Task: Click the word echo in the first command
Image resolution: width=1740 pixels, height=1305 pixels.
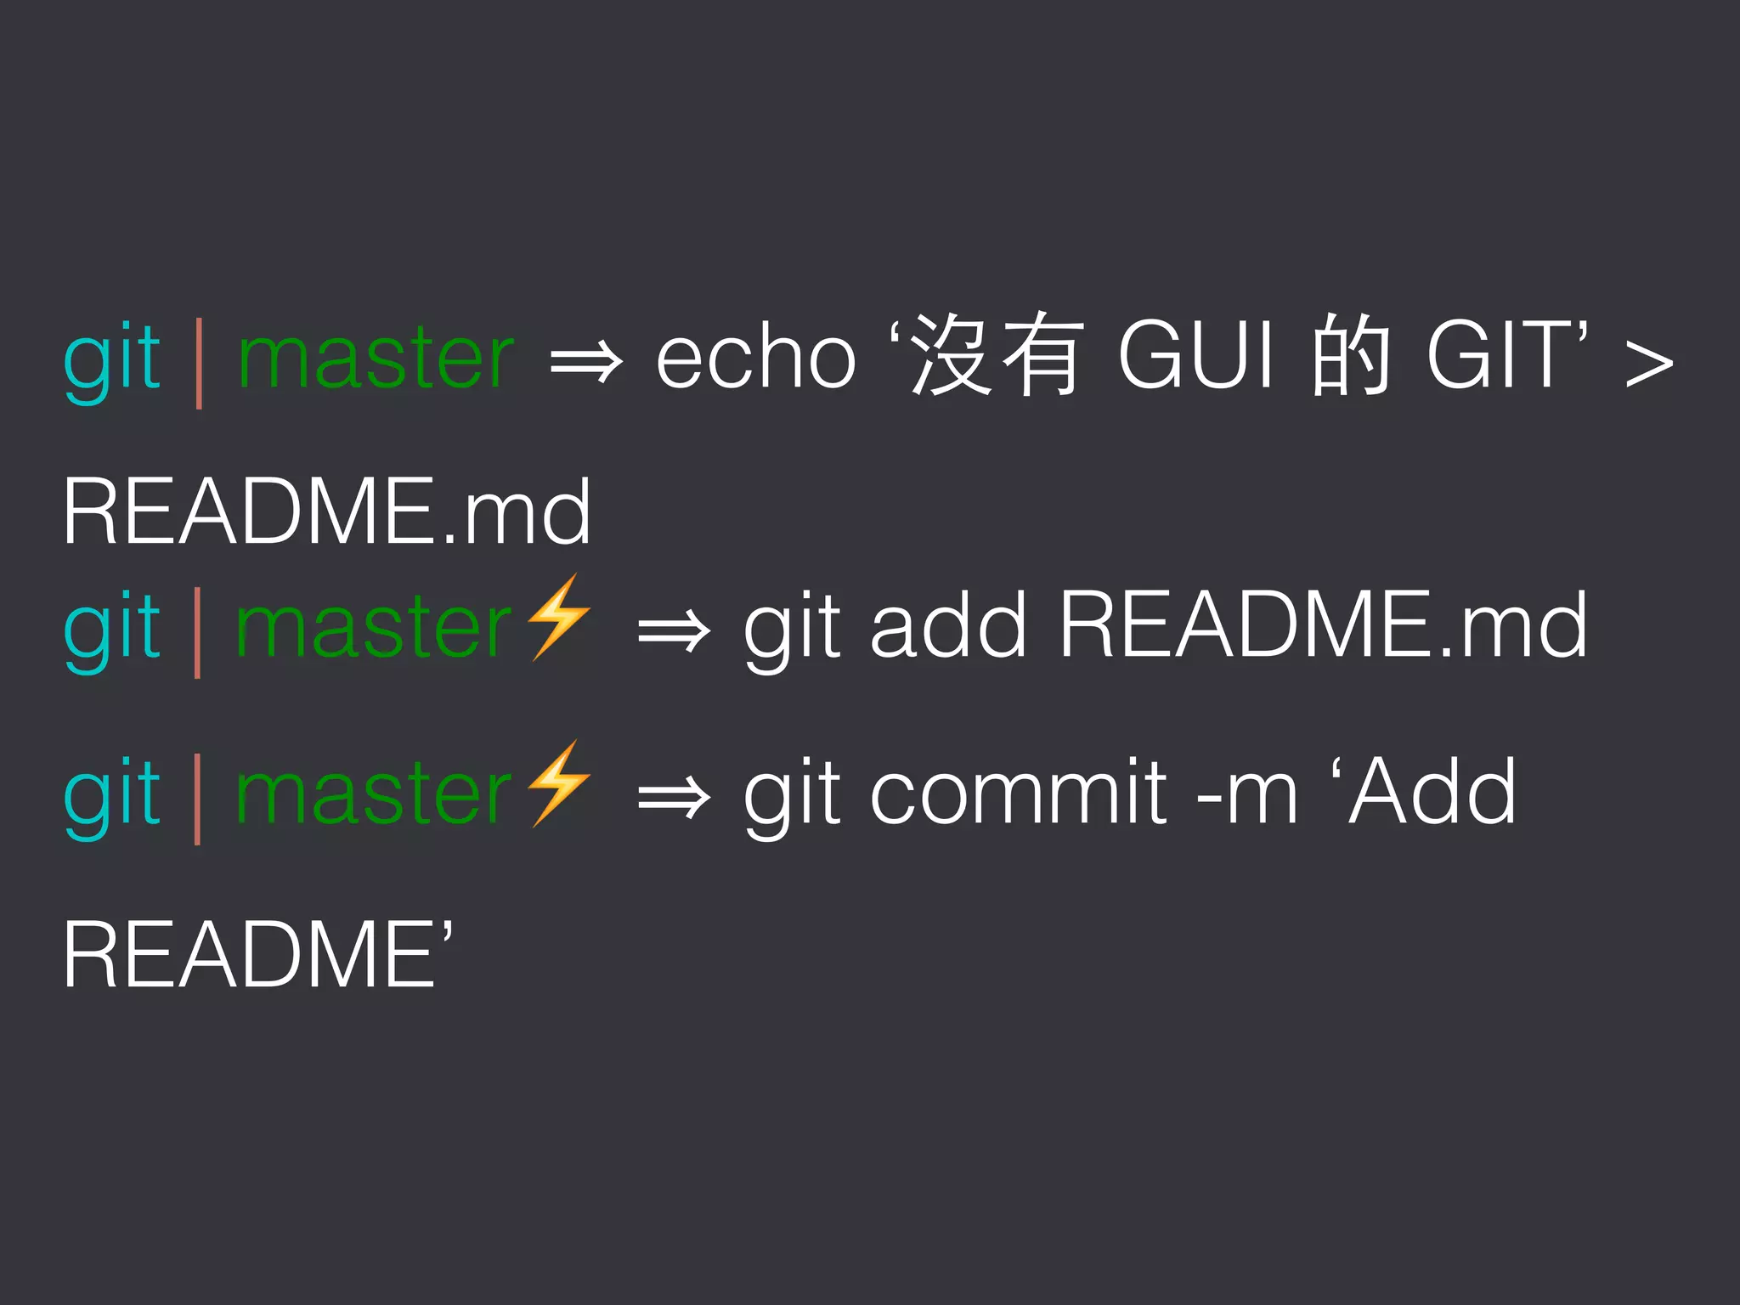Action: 755,358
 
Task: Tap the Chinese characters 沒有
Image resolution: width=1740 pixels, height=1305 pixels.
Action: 999,355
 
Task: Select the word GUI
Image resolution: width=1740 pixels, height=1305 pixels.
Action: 1196,355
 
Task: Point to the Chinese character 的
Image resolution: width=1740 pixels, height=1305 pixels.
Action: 1350,355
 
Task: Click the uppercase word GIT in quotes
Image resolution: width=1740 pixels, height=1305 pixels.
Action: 1500,355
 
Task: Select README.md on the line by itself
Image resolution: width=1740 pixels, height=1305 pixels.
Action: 326,512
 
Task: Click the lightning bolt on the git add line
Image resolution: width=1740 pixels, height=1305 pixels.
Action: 558,618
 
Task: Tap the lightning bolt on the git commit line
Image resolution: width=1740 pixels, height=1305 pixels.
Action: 558,784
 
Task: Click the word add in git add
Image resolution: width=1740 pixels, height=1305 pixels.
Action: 948,626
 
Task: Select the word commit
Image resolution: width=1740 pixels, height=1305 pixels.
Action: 1019,793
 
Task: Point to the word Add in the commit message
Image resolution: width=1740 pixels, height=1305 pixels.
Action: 1432,793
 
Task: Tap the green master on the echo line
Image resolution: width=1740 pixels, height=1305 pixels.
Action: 376,358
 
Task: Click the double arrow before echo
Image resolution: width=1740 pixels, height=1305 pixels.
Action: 586,363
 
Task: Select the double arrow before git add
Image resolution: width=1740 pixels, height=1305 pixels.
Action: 674,631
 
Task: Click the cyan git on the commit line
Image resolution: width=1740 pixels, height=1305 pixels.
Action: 112,794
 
